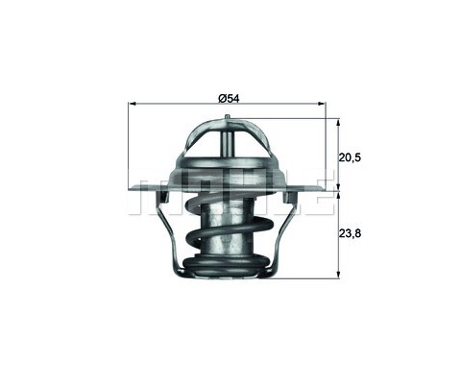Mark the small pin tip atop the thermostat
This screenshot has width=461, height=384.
[x=228, y=119]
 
